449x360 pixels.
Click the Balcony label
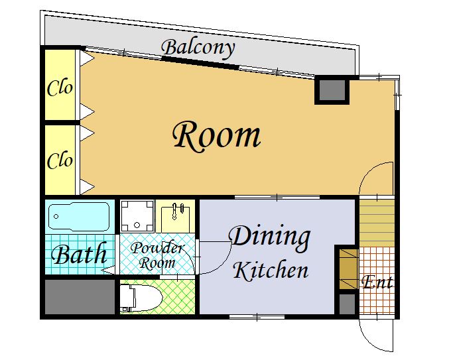tap(198, 48)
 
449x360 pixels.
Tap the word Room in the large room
tap(217, 136)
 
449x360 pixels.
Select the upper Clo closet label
tap(60, 88)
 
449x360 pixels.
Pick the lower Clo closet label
tap(60, 160)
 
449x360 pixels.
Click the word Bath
tap(80, 253)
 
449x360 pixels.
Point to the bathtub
tap(79, 216)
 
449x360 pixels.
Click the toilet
tap(141, 298)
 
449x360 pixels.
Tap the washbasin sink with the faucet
tap(175, 217)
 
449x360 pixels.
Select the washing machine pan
tap(137, 216)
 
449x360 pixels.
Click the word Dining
tap(269, 237)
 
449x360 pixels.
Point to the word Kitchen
tap(271, 270)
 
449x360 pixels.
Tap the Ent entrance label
tap(377, 282)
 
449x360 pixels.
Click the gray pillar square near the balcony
tap(332, 90)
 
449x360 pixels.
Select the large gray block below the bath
tap(80, 296)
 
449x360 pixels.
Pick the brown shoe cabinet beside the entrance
tap(349, 269)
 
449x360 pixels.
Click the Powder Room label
tap(157, 255)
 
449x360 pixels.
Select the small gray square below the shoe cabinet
tap(347, 304)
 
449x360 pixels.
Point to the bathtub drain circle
tap(56, 217)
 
